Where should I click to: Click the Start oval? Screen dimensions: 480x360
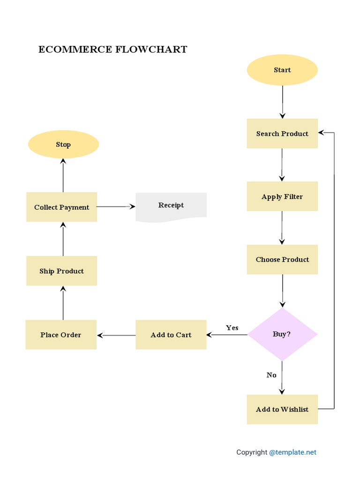pos(282,70)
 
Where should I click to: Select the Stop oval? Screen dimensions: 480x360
pos(63,144)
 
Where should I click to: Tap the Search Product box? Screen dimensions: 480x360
pos(282,134)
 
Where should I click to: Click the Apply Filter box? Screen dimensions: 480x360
pos(282,196)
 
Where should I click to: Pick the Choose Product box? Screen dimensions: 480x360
pos(282,259)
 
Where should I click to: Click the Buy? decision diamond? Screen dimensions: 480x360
pos(282,334)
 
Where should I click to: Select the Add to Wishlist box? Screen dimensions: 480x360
pos(282,409)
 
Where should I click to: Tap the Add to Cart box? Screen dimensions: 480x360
pos(171,335)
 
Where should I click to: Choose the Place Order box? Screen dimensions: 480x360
pos(61,335)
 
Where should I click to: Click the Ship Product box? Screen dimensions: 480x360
pos(61,271)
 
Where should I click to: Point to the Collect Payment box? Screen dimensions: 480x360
pos(61,207)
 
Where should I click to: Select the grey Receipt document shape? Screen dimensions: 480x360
pos(171,206)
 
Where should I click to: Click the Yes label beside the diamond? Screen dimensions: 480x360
pos(232,328)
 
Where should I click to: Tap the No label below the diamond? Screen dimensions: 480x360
pos(271,375)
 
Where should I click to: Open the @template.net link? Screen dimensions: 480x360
pos(293,452)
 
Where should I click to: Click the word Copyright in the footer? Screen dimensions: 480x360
pos(252,452)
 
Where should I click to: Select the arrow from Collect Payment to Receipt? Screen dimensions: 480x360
pos(116,206)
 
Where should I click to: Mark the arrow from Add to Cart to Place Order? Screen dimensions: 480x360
pos(116,335)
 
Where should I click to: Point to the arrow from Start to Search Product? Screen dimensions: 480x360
pos(283,102)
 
